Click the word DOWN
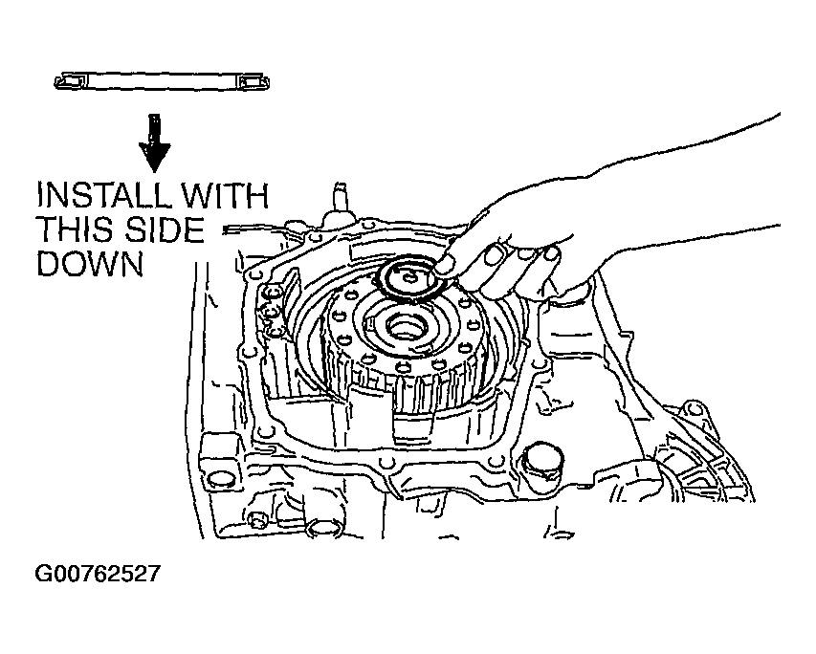(x=89, y=262)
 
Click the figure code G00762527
(x=97, y=575)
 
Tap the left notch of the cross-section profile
(x=67, y=82)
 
